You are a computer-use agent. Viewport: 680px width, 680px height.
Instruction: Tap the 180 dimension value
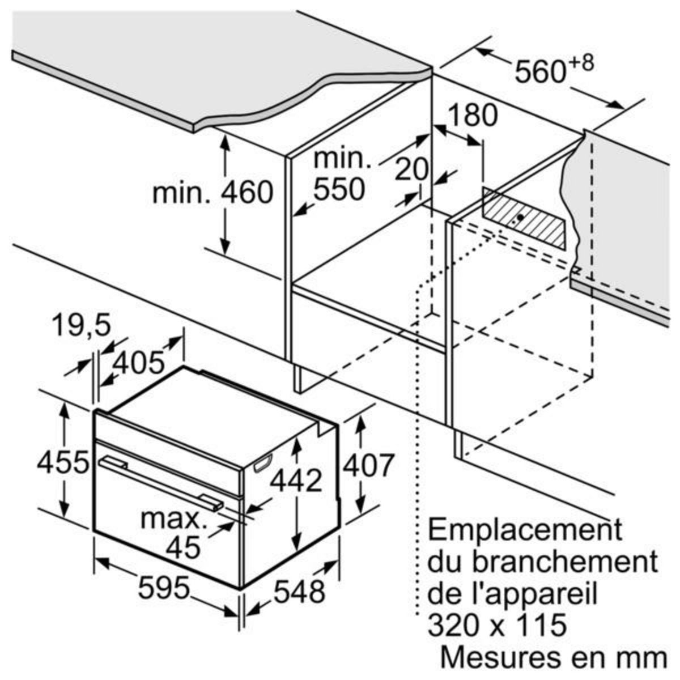click(472, 116)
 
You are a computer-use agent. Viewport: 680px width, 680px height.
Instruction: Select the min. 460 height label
click(213, 193)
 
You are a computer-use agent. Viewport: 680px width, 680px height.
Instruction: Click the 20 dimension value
click(411, 169)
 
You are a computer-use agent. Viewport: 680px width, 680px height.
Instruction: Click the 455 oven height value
click(63, 462)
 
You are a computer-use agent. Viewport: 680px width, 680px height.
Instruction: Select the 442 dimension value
click(295, 481)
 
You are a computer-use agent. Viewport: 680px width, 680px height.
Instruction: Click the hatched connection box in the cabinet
click(525, 218)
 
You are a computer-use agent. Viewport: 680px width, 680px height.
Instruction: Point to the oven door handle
click(159, 476)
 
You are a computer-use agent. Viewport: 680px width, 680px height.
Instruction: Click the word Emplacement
click(524, 530)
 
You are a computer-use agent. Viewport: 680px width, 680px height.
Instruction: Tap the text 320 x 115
click(497, 626)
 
